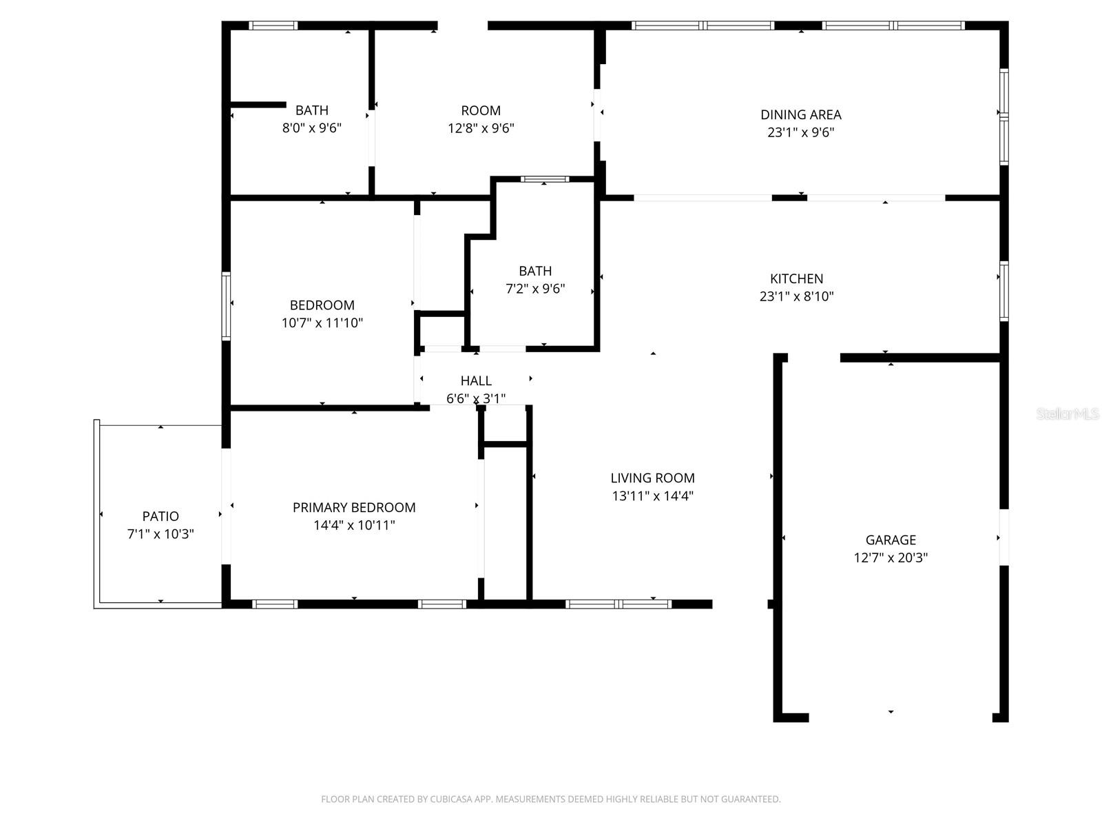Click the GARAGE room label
[891, 540]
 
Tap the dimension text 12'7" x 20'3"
[891, 558]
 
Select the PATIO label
[160, 516]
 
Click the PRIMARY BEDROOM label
[354, 508]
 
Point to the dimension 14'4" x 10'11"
[354, 526]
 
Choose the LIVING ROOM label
[652, 478]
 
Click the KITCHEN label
[796, 279]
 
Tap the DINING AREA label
[800, 115]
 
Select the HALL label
[476, 381]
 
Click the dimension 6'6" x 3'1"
[476, 399]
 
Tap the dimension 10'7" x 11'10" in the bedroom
[322, 323]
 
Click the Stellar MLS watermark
[1067, 413]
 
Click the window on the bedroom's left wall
[226, 306]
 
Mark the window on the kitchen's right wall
[1004, 291]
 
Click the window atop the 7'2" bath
[544, 179]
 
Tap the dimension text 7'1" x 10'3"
[160, 534]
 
